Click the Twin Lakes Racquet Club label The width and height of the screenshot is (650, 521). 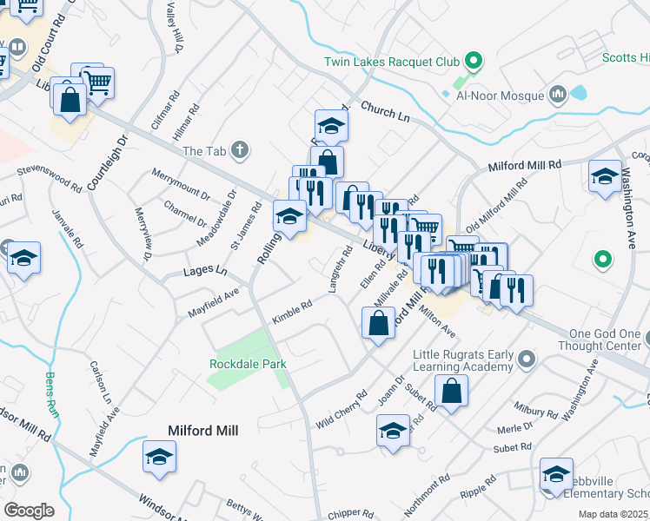click(391, 62)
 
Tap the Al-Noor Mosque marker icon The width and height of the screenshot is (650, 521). click(558, 94)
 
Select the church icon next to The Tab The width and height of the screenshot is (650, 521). click(239, 151)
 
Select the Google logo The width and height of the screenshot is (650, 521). click(29, 510)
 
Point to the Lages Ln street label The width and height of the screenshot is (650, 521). click(204, 272)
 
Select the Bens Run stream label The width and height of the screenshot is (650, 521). click(50, 395)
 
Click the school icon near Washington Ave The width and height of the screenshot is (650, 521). click(605, 178)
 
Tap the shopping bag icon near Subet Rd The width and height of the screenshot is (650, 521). click(452, 392)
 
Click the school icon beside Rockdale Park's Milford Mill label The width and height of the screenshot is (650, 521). click(160, 458)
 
